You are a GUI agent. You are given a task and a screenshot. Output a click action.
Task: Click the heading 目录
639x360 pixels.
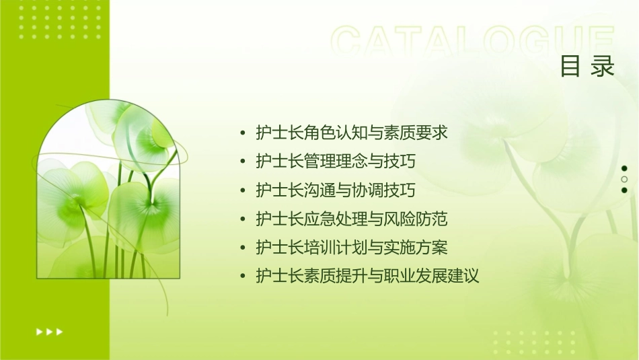587,66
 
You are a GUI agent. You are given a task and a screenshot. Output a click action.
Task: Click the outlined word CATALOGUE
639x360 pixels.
473,42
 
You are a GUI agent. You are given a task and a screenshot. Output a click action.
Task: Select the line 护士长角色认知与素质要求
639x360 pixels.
352,133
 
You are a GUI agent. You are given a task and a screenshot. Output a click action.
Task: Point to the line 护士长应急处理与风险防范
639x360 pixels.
352,219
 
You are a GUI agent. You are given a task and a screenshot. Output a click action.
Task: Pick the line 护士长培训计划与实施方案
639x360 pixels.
352,248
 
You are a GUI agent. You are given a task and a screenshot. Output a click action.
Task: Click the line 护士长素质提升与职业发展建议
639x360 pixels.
367,276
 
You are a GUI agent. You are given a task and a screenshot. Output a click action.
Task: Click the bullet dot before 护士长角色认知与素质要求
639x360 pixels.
243,133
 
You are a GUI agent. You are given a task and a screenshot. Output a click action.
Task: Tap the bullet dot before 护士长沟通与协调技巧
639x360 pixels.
243,191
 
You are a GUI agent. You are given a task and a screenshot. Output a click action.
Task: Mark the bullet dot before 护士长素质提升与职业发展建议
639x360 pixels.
243,277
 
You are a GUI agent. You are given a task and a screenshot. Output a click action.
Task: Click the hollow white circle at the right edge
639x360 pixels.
624,179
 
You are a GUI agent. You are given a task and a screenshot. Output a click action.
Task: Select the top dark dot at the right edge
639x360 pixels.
624,168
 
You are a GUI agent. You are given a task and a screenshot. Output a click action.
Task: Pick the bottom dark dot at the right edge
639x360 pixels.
624,190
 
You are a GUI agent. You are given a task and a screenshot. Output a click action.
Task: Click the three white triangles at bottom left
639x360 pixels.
49,331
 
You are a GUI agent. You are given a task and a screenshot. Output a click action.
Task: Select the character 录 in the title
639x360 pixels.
603,66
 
